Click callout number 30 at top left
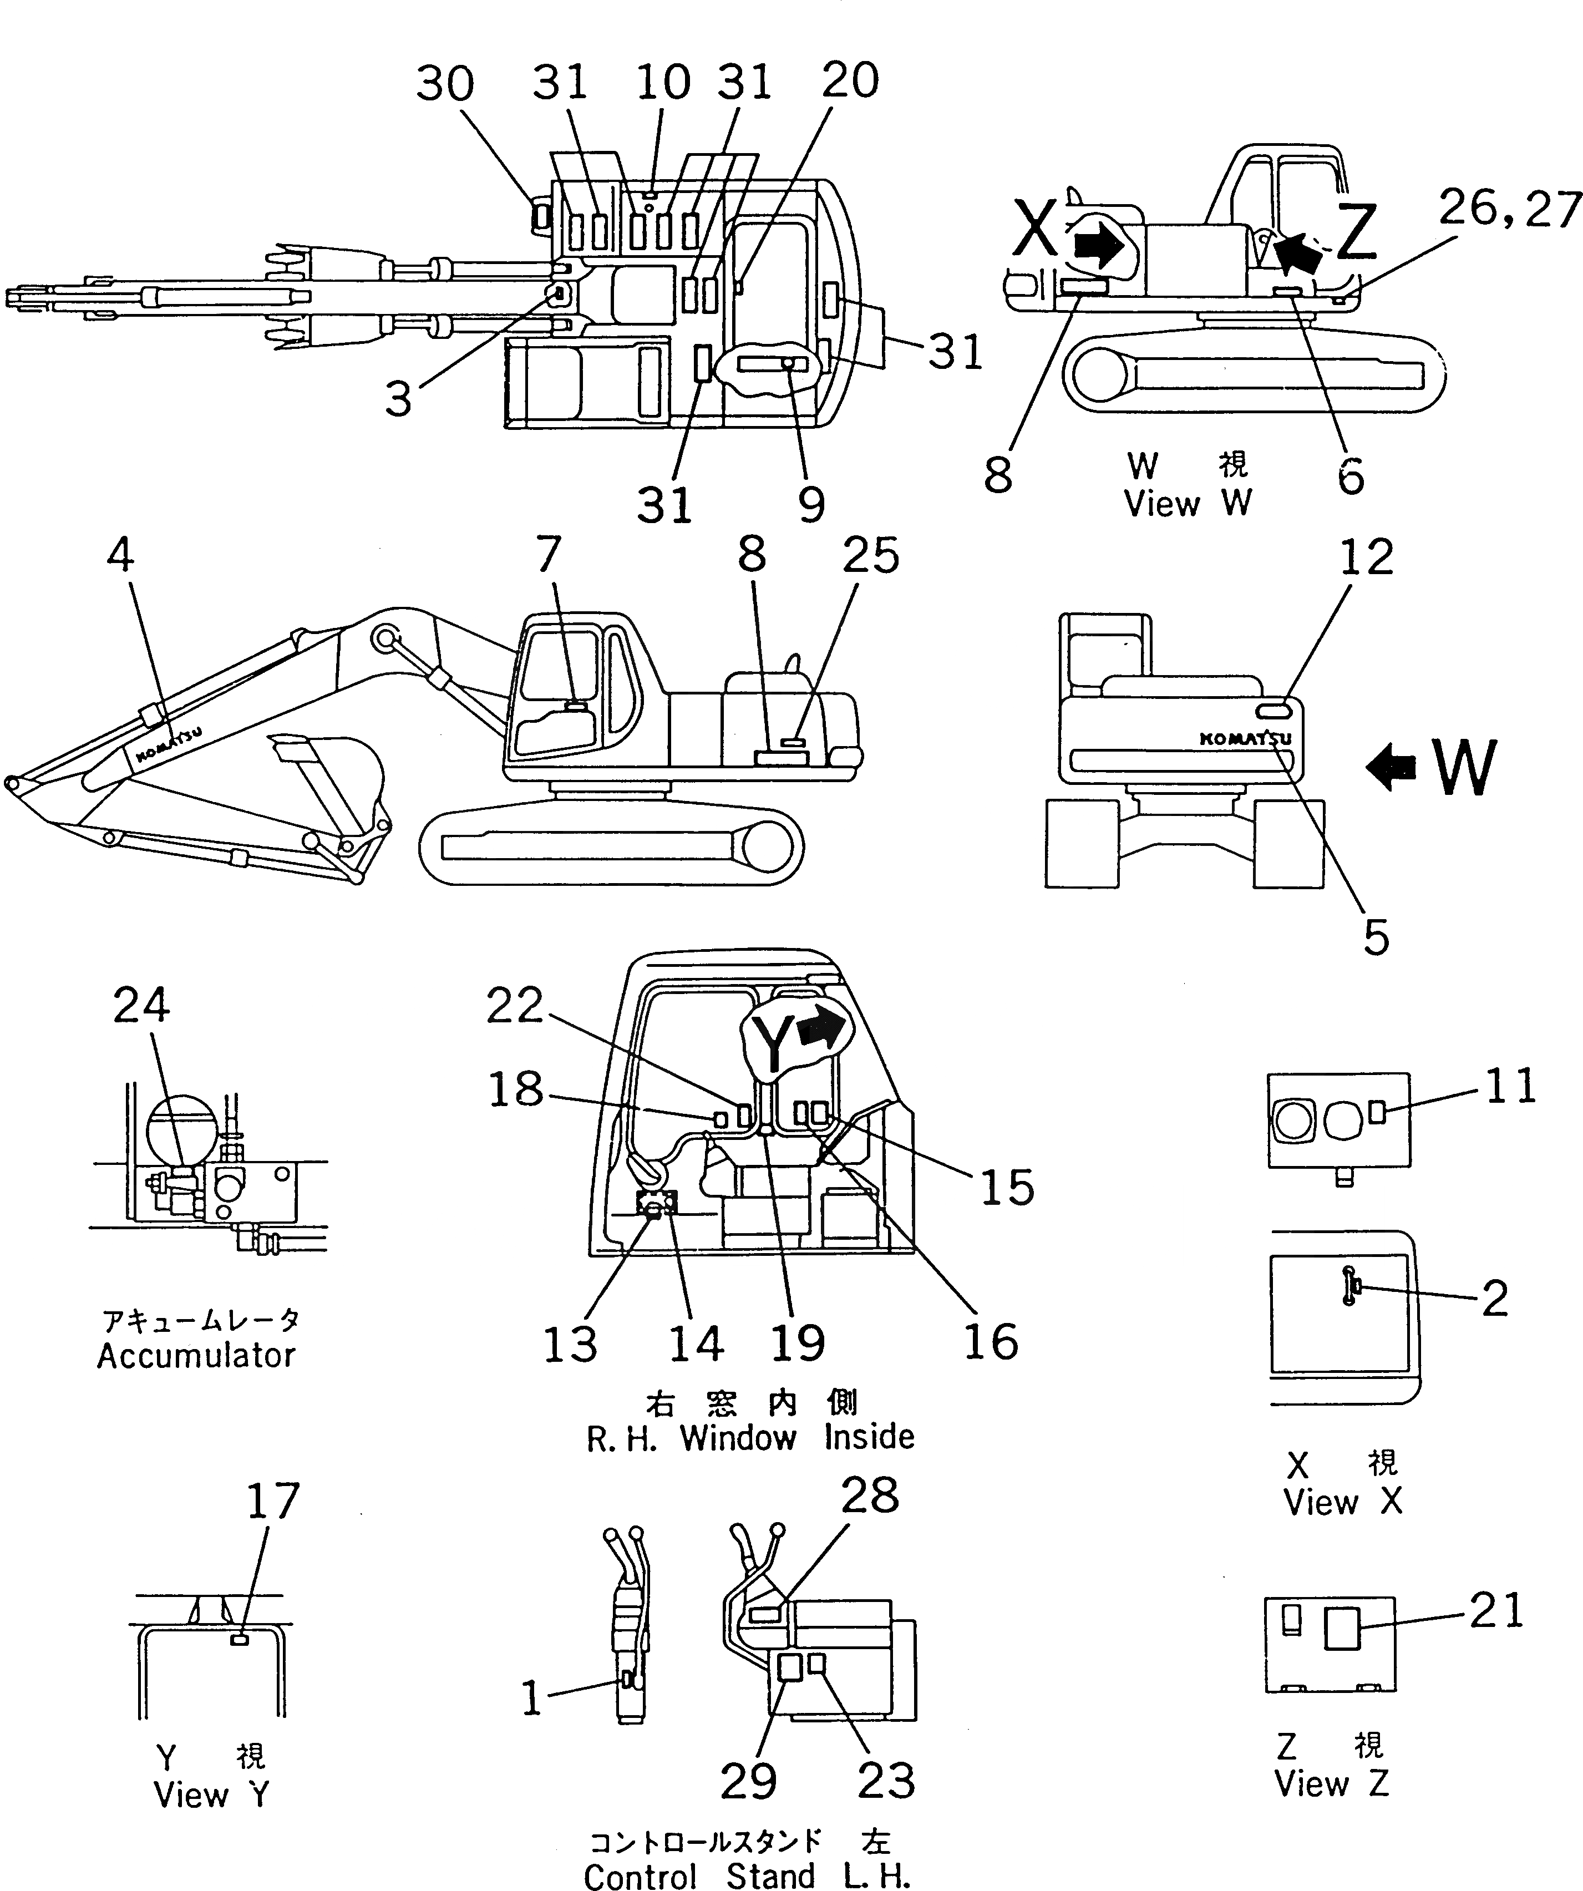coord(445,84)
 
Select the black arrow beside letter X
coord(1099,246)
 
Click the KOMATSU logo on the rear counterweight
coord(1245,738)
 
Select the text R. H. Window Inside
coord(750,1438)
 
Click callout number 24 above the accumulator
coord(141,1006)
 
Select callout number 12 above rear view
coord(1366,557)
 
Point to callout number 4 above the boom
coord(121,555)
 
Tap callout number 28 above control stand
coord(869,1495)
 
